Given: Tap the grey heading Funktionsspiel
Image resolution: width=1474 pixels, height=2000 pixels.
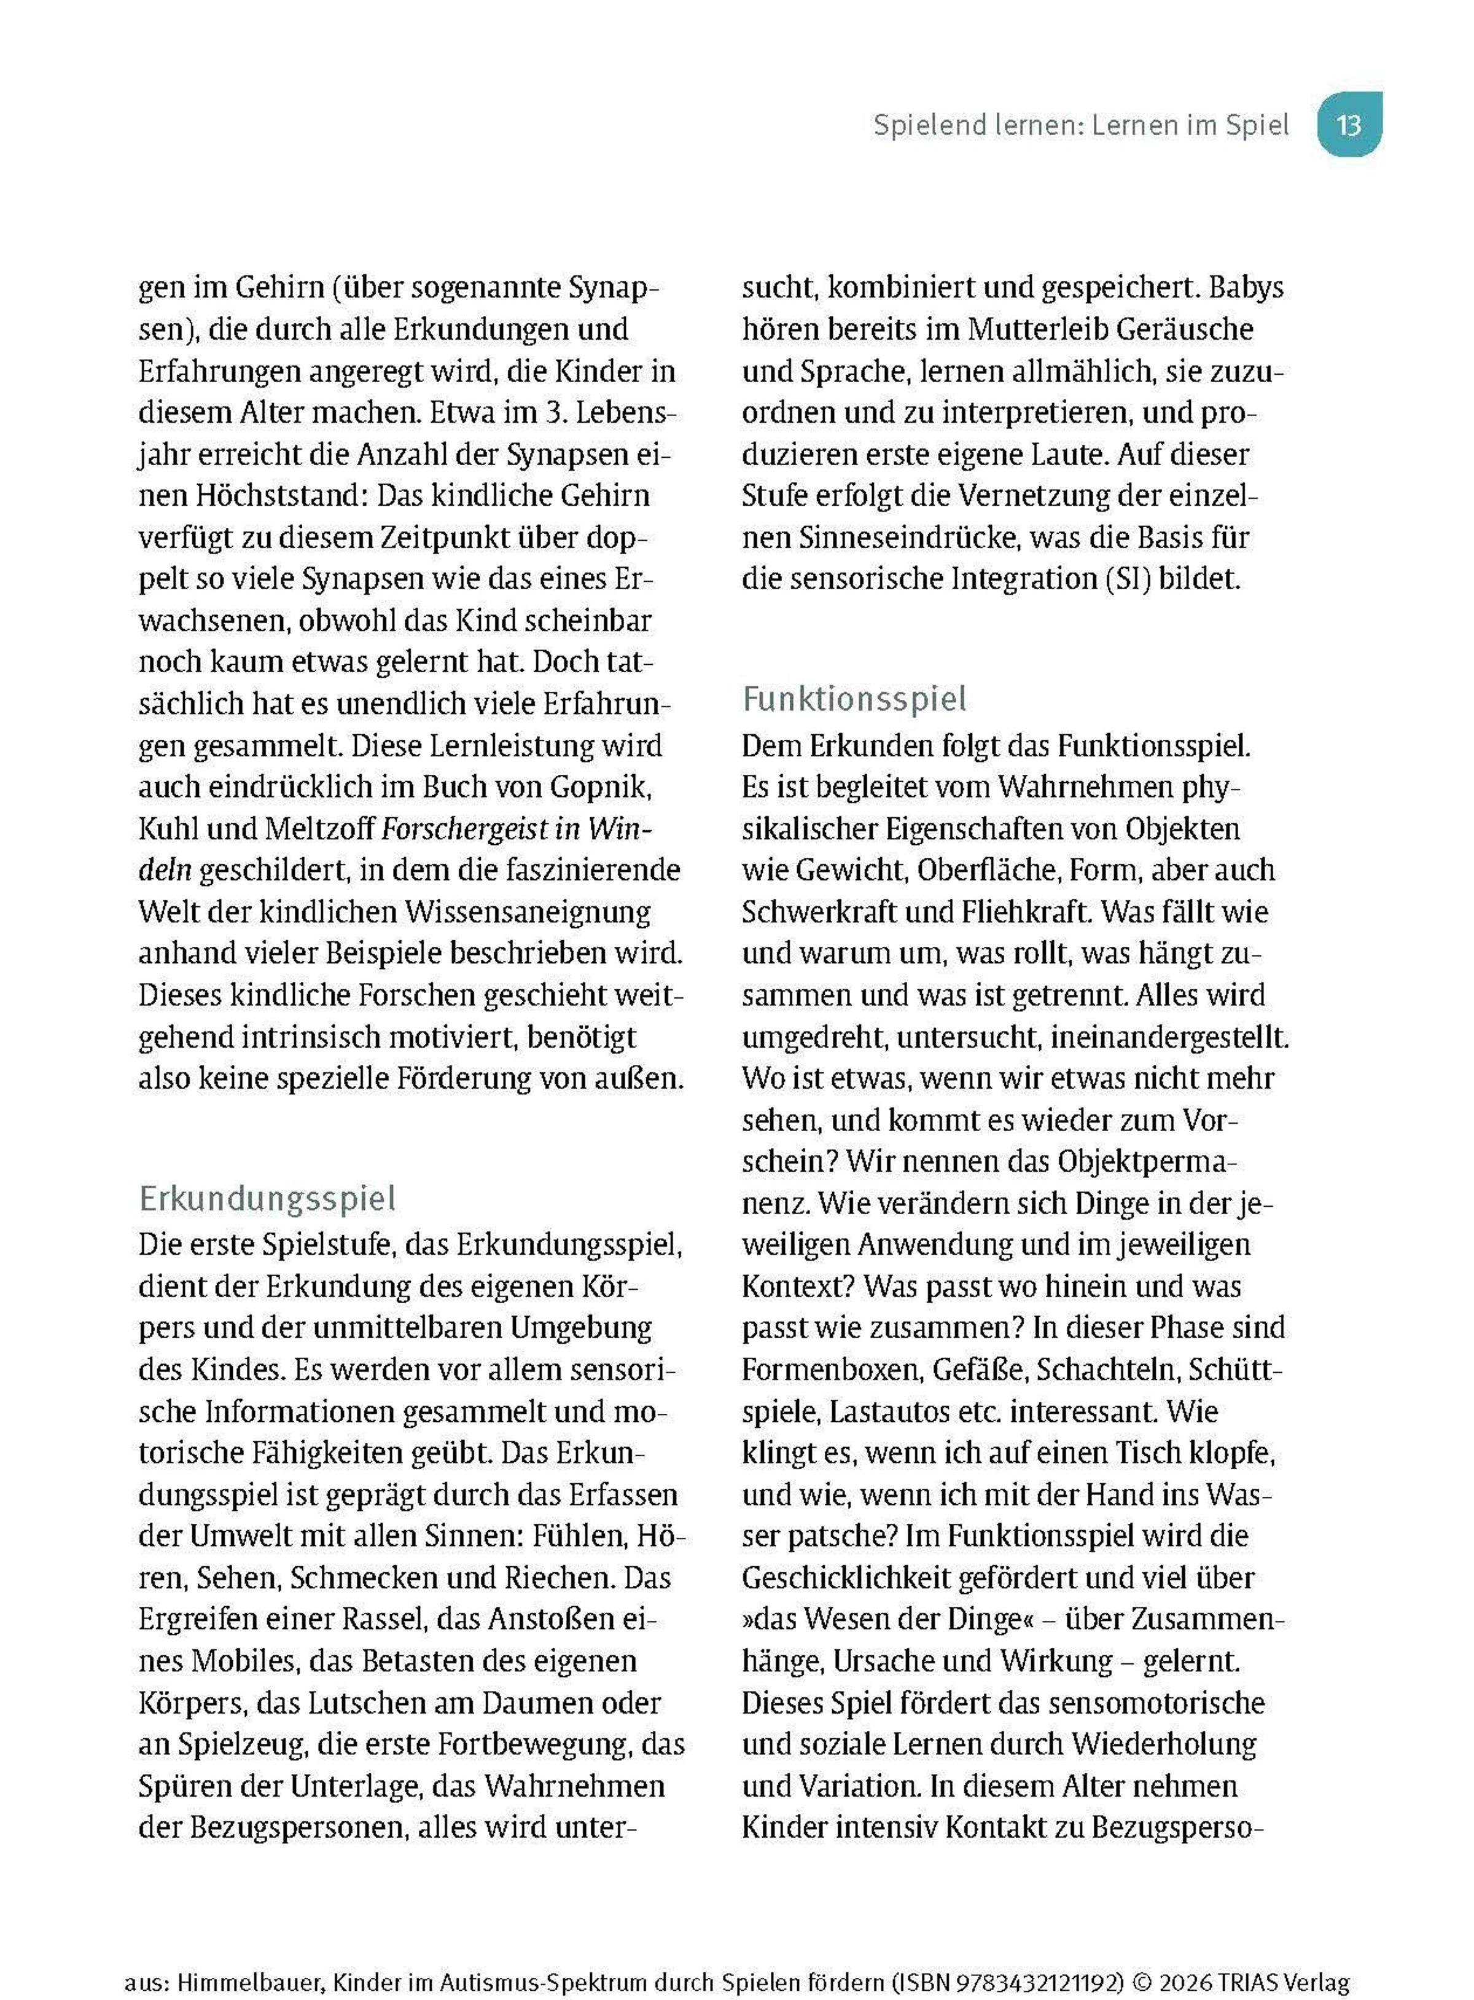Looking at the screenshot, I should click(x=854, y=699).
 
